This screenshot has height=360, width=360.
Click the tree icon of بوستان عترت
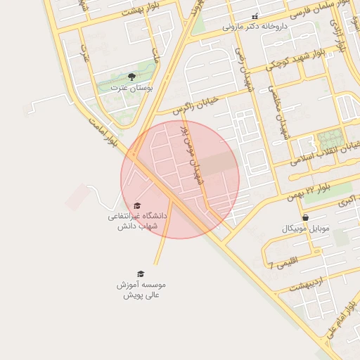pyautogui.click(x=131, y=76)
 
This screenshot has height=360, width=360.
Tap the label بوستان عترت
pyautogui.click(x=131, y=88)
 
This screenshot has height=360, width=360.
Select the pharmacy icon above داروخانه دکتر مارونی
pyautogui.click(x=255, y=16)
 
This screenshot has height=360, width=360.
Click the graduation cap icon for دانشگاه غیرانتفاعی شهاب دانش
pyautogui.click(x=137, y=205)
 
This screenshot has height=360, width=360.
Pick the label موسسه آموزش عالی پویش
pyautogui.click(x=141, y=290)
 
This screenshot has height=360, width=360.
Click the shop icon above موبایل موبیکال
pyautogui.click(x=305, y=218)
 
